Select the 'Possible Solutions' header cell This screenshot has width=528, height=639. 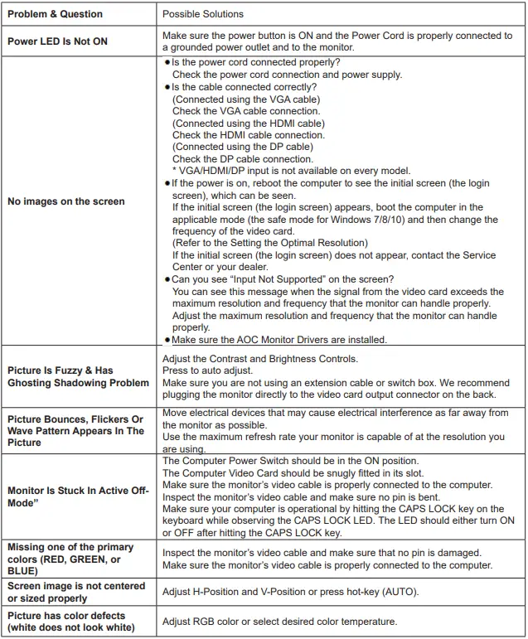[203, 14]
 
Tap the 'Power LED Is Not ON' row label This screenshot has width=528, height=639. [58, 41]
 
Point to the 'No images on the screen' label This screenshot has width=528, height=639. [66, 201]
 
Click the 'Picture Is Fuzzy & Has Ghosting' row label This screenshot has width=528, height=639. [78, 376]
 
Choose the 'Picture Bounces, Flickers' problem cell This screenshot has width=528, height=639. [75, 431]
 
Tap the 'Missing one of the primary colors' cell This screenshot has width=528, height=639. [70, 558]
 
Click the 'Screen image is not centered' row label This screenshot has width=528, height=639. [75, 592]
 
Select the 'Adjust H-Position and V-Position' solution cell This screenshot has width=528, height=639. [290, 592]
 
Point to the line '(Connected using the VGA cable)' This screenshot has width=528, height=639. [246, 99]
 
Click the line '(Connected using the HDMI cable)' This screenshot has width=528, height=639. [249, 123]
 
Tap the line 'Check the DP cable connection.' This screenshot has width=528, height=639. [243, 159]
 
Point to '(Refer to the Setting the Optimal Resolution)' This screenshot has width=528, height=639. [269, 243]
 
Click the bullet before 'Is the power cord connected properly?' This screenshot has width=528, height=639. [167, 63]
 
